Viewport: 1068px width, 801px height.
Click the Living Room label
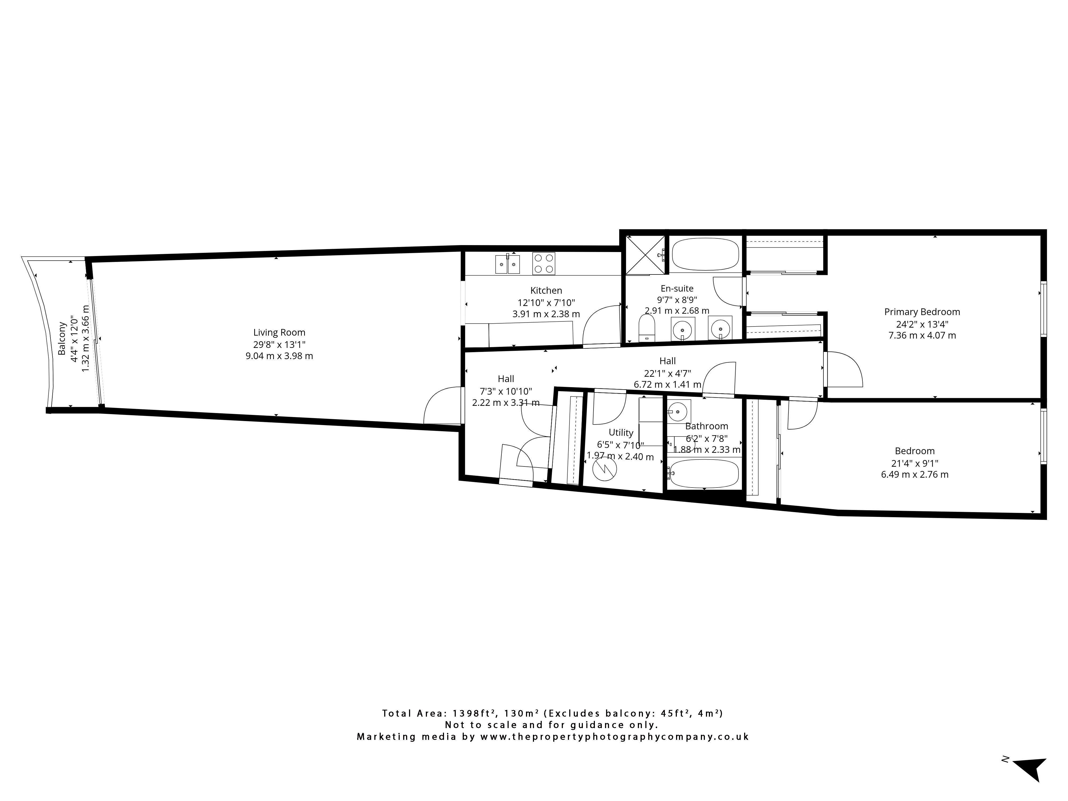279,332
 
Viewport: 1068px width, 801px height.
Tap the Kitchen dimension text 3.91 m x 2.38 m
546,314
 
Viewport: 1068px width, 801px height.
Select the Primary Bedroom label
922,312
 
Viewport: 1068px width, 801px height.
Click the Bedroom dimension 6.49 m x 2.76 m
914,475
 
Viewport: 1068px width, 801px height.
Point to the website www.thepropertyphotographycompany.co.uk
614,737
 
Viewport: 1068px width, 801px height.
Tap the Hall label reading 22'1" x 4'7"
667,373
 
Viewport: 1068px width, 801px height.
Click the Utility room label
621,433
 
